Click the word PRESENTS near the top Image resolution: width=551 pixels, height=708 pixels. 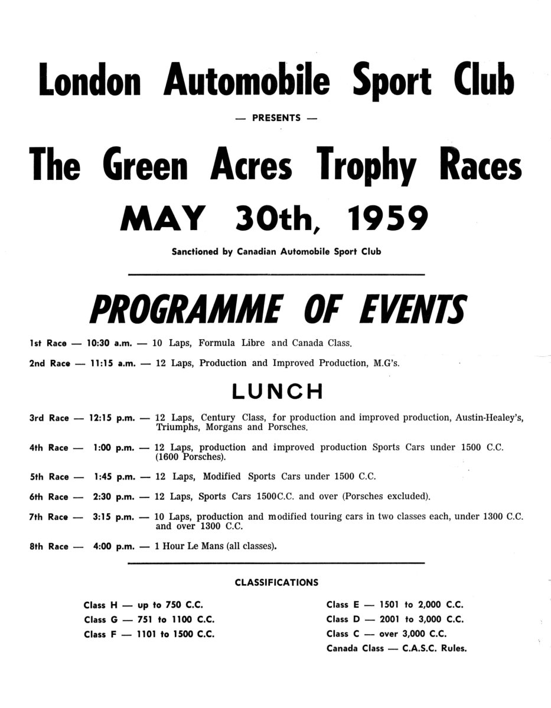coord(276,118)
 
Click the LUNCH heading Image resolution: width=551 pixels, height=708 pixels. coord(276,391)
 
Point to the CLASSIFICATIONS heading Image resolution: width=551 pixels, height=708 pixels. coord(276,582)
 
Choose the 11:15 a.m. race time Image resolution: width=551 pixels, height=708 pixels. coord(113,363)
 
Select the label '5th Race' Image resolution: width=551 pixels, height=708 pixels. coord(48,477)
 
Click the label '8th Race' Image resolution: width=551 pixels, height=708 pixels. coord(48,546)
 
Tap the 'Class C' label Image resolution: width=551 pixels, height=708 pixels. coord(337,634)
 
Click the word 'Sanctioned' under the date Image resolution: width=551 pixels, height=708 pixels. coord(194,252)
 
